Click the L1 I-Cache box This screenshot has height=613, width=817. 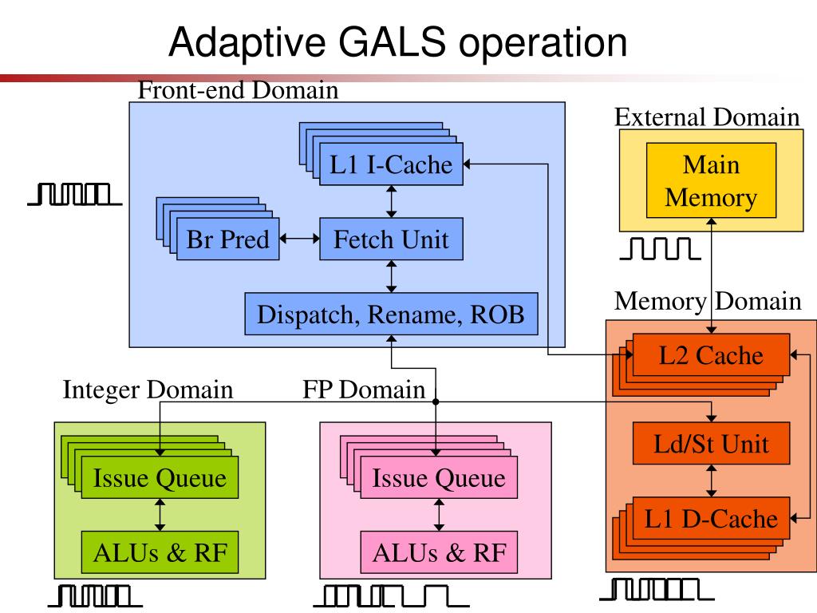[x=391, y=164]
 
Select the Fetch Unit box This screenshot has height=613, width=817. [x=391, y=239]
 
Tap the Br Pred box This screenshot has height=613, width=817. [x=228, y=239]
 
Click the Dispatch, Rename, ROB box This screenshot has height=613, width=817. [x=391, y=314]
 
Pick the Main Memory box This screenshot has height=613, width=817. [x=711, y=180]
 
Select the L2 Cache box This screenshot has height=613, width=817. [x=711, y=355]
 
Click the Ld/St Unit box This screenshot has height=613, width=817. [x=711, y=444]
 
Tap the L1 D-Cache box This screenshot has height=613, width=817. [x=711, y=518]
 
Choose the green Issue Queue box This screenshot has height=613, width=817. [x=160, y=477]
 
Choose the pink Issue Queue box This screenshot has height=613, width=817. [x=439, y=477]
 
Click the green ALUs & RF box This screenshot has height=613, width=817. [x=160, y=552]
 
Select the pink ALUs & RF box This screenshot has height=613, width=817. [x=439, y=552]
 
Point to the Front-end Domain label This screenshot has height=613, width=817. [x=238, y=90]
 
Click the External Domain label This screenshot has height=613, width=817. [x=707, y=117]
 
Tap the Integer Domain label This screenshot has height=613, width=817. [x=148, y=390]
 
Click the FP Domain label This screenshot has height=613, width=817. [x=364, y=390]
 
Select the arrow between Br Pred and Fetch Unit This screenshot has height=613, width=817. [x=300, y=239]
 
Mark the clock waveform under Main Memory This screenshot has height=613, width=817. [x=660, y=249]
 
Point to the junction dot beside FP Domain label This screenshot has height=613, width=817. [x=436, y=401]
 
